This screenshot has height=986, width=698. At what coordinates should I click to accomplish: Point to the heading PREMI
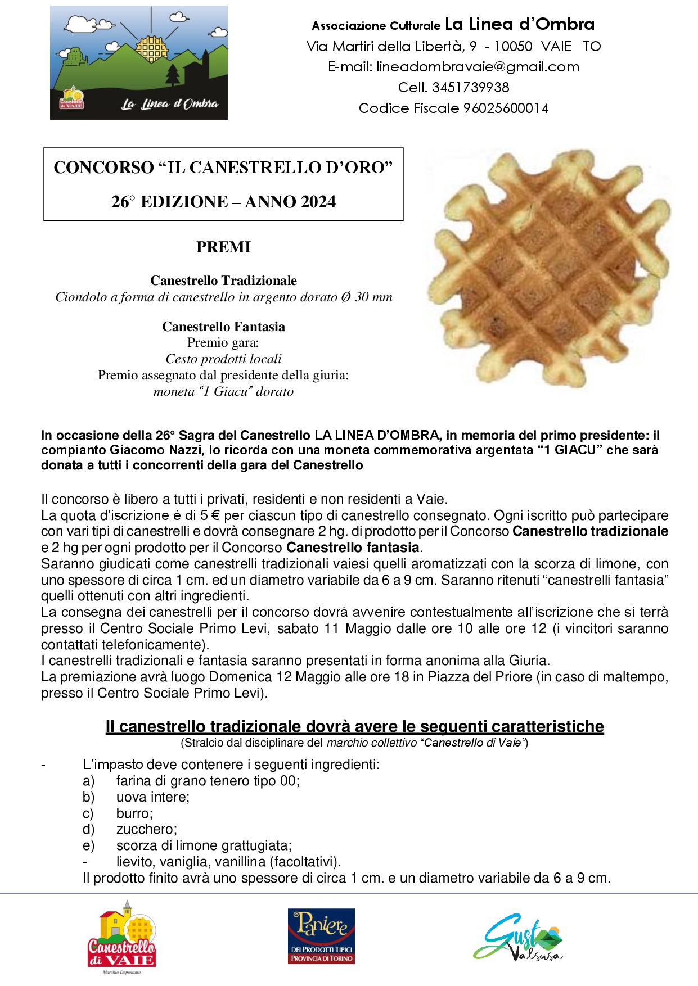coord(223,247)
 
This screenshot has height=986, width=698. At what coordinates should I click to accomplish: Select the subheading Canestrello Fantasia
coord(223,327)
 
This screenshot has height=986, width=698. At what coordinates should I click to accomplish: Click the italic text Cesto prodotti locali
coord(223,359)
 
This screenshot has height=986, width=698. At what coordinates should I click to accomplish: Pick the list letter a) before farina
coord(88,781)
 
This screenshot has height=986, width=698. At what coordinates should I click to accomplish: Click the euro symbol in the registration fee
coord(214,515)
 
